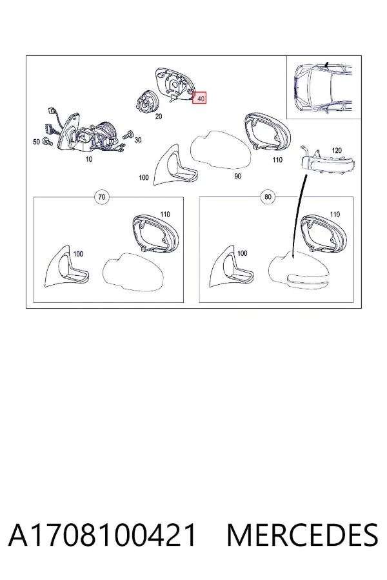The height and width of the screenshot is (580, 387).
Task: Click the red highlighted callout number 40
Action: [x=199, y=98]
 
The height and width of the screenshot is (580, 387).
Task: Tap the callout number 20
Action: [x=159, y=116]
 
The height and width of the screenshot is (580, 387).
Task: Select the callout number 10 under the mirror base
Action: [x=89, y=159]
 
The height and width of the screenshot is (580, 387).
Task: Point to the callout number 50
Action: [x=36, y=142]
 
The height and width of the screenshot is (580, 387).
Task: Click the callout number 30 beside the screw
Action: [x=138, y=140]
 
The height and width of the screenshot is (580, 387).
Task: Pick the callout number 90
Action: [x=237, y=176]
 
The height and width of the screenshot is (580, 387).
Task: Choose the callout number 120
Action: [x=337, y=151]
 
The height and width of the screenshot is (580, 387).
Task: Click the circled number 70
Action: [x=101, y=197]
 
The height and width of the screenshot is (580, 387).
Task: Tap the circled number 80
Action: [x=268, y=197]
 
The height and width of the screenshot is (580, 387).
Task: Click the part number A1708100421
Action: [x=102, y=535]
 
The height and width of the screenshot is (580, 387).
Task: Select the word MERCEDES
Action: [x=302, y=535]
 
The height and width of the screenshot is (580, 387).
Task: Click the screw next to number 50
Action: [x=47, y=141]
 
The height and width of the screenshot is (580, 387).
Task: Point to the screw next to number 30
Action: [x=128, y=135]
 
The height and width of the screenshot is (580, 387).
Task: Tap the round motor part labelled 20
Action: [x=146, y=102]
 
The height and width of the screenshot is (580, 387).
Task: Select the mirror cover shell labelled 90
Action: [x=221, y=150]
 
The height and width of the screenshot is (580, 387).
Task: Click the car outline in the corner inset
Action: [x=323, y=88]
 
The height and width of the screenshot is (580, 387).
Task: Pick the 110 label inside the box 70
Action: [x=165, y=214]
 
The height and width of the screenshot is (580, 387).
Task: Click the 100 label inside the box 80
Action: [x=242, y=253]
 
